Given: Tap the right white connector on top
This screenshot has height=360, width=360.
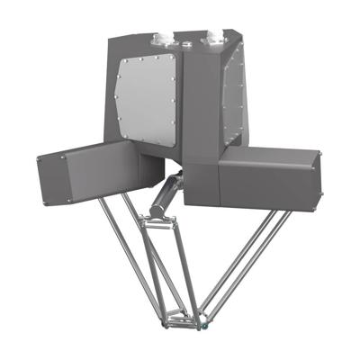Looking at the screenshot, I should tap(217, 37).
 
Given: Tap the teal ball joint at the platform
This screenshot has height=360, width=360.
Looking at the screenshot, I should tap(209, 321).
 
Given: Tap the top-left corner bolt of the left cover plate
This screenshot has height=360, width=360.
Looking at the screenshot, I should tap(121, 65).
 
